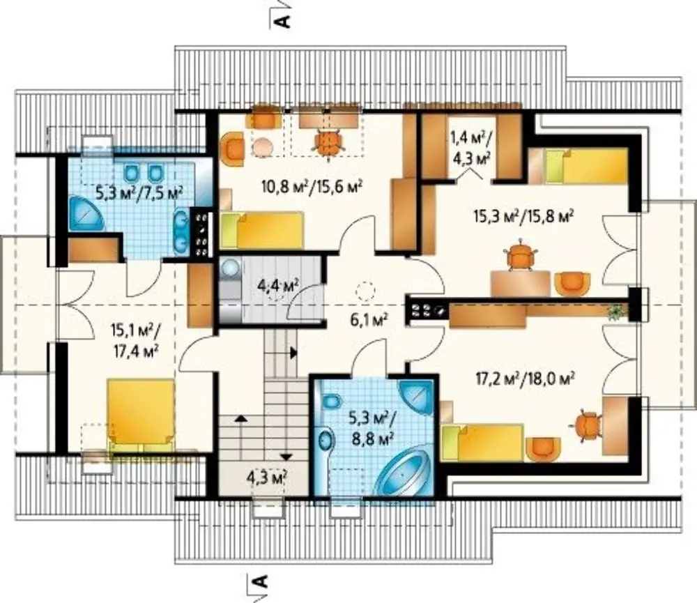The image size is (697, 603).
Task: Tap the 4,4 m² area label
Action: (x=277, y=285)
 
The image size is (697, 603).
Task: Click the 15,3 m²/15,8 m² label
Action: (x=522, y=217)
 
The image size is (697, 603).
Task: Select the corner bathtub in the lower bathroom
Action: (x=403, y=476)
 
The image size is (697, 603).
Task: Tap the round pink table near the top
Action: (x=263, y=146)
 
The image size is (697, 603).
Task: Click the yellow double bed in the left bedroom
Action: (x=140, y=415)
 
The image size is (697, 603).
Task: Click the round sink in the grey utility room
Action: (x=230, y=268)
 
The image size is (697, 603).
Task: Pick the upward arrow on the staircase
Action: (x=241, y=418)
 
